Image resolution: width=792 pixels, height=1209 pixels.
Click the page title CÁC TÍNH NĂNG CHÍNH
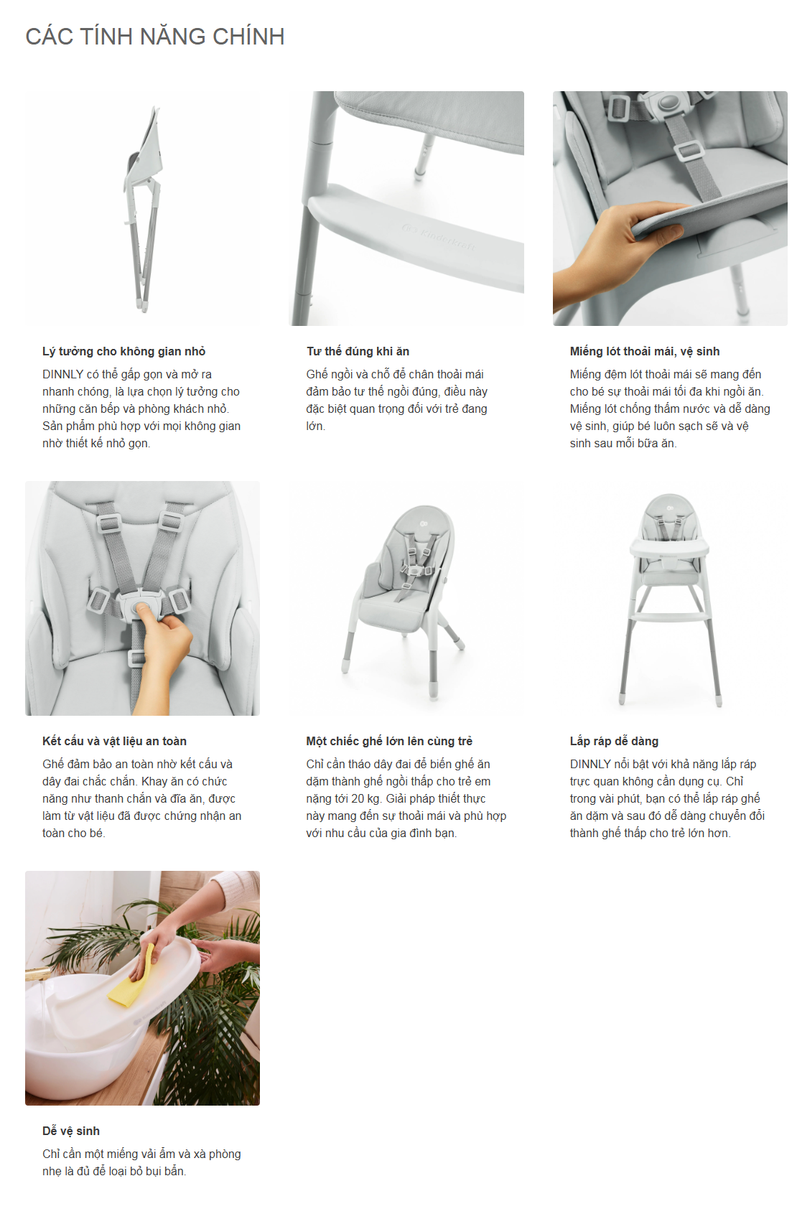[155, 37]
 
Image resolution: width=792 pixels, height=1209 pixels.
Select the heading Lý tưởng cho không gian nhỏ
[124, 351]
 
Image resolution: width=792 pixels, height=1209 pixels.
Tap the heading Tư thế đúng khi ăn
[358, 351]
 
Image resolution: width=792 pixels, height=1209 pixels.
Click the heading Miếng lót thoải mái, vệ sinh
[645, 351]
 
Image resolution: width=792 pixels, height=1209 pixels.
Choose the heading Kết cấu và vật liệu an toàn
[114, 741]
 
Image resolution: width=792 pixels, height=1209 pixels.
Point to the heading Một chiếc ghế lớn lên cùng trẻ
[389, 741]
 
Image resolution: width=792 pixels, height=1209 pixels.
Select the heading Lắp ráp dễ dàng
[614, 741]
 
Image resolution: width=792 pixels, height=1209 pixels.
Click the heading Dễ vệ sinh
[70, 1131]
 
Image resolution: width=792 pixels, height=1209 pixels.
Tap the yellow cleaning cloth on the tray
[131, 977]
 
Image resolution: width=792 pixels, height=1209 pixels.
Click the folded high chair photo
[142, 208]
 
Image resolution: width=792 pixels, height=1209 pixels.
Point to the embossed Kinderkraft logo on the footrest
[439, 238]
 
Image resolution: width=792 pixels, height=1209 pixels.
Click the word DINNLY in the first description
[62, 375]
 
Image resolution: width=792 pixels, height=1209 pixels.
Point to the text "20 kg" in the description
[367, 799]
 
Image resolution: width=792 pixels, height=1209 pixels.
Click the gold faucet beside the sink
[38, 974]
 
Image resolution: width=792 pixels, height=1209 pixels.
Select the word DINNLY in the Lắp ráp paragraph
[590, 765]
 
